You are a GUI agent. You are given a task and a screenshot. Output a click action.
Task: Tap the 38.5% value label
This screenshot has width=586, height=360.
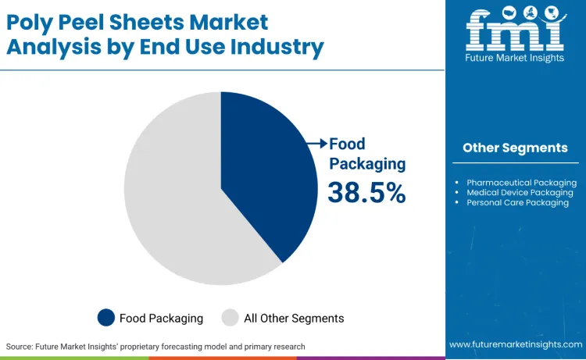point(366,192)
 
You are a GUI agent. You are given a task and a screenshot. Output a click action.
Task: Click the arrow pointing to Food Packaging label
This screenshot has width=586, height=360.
point(316,144)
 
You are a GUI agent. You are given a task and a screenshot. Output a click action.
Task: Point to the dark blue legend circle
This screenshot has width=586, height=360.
point(106,318)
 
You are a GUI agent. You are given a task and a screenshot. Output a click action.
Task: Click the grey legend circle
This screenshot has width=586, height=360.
point(230,318)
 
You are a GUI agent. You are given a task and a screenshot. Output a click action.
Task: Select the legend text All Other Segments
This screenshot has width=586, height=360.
point(294,318)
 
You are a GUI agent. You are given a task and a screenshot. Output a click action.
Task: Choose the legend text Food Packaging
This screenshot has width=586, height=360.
point(161,318)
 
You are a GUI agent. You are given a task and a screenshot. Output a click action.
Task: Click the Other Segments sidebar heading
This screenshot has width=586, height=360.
point(515,148)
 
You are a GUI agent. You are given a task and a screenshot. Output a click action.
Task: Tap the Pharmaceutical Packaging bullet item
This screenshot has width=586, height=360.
point(521,182)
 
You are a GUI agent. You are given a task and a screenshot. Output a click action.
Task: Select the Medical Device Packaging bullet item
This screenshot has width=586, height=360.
point(520,192)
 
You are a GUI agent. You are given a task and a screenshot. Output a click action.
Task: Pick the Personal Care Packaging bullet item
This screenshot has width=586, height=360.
point(517,202)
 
